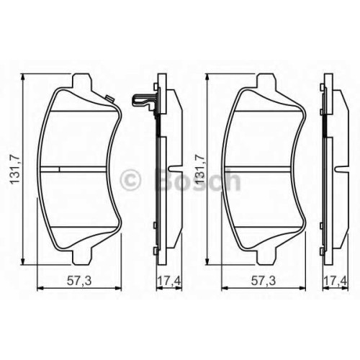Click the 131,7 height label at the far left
[x=14, y=169]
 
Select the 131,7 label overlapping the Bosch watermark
[x=199, y=169]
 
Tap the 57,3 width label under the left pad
[x=79, y=281]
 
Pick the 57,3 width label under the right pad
[x=264, y=281]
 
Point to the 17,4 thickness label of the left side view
[x=169, y=281]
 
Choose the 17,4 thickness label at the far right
[x=336, y=281]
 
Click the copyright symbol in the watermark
[x=130, y=179]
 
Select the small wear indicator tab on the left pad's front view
[x=110, y=99]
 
